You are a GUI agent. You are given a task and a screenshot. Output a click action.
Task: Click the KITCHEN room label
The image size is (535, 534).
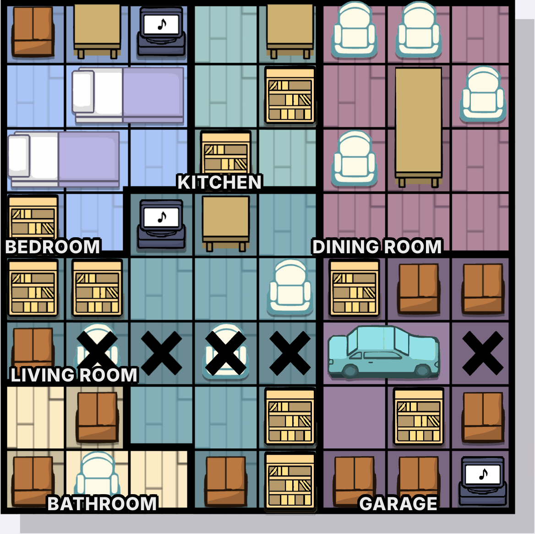click(219, 182)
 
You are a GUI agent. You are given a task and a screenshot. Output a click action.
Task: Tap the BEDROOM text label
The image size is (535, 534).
click(53, 246)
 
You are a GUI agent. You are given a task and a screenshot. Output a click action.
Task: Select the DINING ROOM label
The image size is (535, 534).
click(377, 246)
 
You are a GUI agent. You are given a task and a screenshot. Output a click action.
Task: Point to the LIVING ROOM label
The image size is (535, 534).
click(74, 375)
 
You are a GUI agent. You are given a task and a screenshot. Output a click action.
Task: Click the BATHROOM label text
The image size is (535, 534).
click(102, 503)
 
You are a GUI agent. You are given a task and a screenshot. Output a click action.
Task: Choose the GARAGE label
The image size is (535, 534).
click(398, 503)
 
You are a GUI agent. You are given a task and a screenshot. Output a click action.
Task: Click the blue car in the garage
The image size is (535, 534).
click(383, 351)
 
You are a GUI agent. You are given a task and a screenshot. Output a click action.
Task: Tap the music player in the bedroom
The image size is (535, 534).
click(161, 31)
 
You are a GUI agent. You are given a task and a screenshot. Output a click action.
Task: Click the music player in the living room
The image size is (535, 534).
click(161, 224)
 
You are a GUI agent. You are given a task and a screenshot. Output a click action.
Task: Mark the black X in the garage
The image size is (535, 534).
click(482, 353)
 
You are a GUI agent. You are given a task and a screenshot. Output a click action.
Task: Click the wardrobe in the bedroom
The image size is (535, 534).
click(33, 31)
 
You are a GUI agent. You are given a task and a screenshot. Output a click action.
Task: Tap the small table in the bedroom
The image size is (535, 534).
click(97, 31)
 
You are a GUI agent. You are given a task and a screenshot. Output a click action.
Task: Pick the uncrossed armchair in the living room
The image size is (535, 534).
click(290, 287)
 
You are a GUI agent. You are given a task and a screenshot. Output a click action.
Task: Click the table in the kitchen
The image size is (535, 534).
click(290, 31)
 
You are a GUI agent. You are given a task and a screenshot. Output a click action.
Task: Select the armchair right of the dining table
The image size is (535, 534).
click(482, 94)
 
